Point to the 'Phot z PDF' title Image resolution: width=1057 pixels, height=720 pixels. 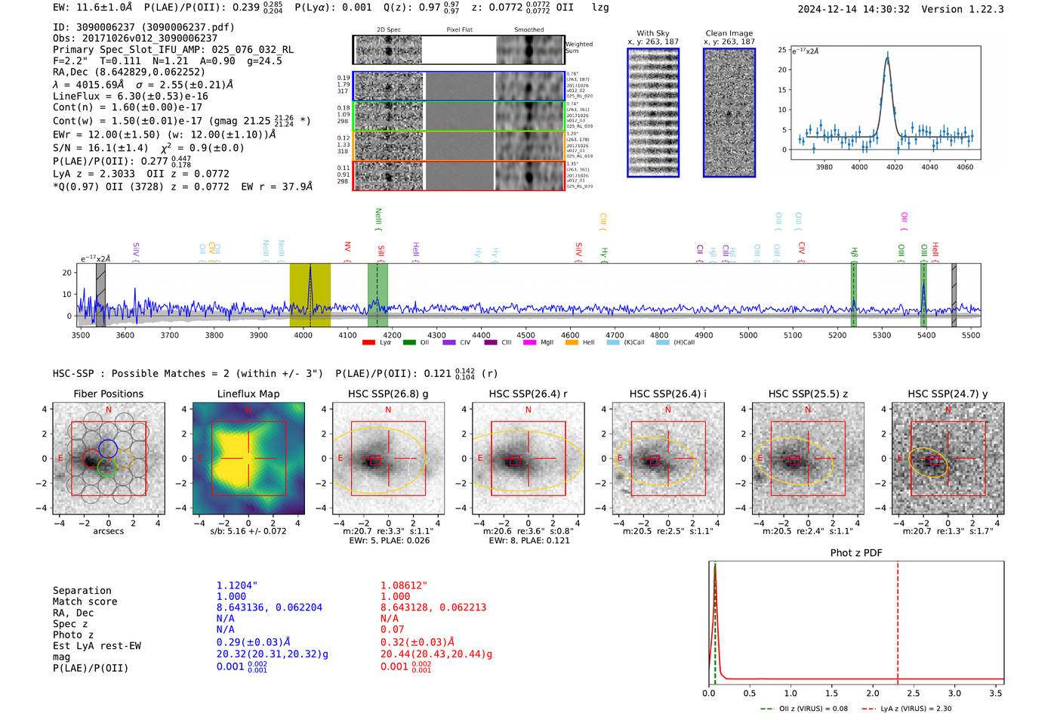click(856, 552)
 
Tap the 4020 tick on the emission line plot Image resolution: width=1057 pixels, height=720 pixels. click(895, 167)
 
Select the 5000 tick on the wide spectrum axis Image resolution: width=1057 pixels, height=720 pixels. click(747, 335)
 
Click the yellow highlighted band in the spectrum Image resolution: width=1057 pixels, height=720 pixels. click(310, 295)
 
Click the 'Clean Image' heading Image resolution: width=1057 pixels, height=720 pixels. click(729, 33)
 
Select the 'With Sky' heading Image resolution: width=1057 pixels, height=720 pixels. click(652, 33)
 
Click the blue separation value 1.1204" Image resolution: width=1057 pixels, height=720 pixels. click(236, 586)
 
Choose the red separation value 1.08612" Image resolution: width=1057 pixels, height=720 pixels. click(403, 586)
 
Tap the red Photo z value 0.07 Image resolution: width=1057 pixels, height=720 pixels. click(392, 629)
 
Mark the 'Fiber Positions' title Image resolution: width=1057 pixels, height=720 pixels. click(108, 394)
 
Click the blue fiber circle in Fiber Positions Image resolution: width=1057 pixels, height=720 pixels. click(107, 447)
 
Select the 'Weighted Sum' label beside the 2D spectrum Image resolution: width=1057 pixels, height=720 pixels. click(578, 48)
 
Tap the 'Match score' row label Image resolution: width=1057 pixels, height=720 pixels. click(85, 601)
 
